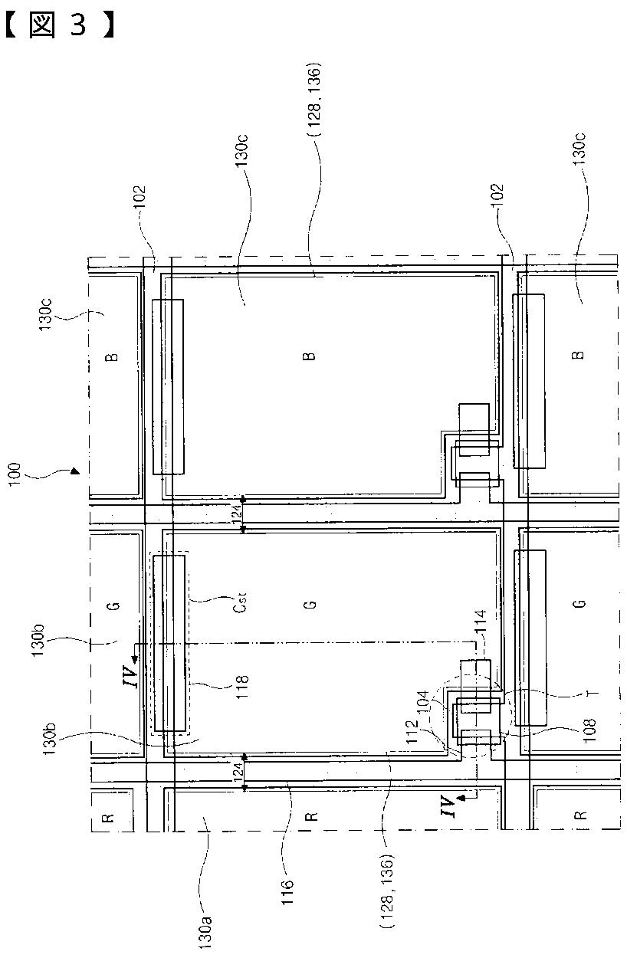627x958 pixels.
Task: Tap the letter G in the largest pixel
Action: tap(310, 605)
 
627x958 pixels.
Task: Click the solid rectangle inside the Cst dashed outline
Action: tap(169, 643)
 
